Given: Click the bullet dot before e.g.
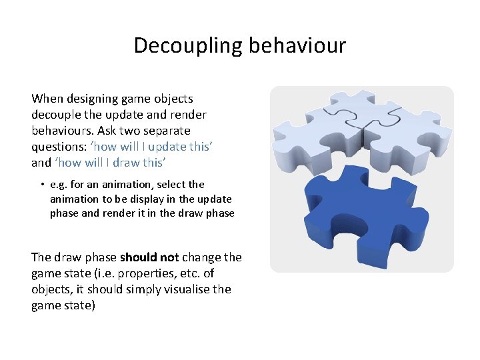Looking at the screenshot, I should [x=41, y=185].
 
